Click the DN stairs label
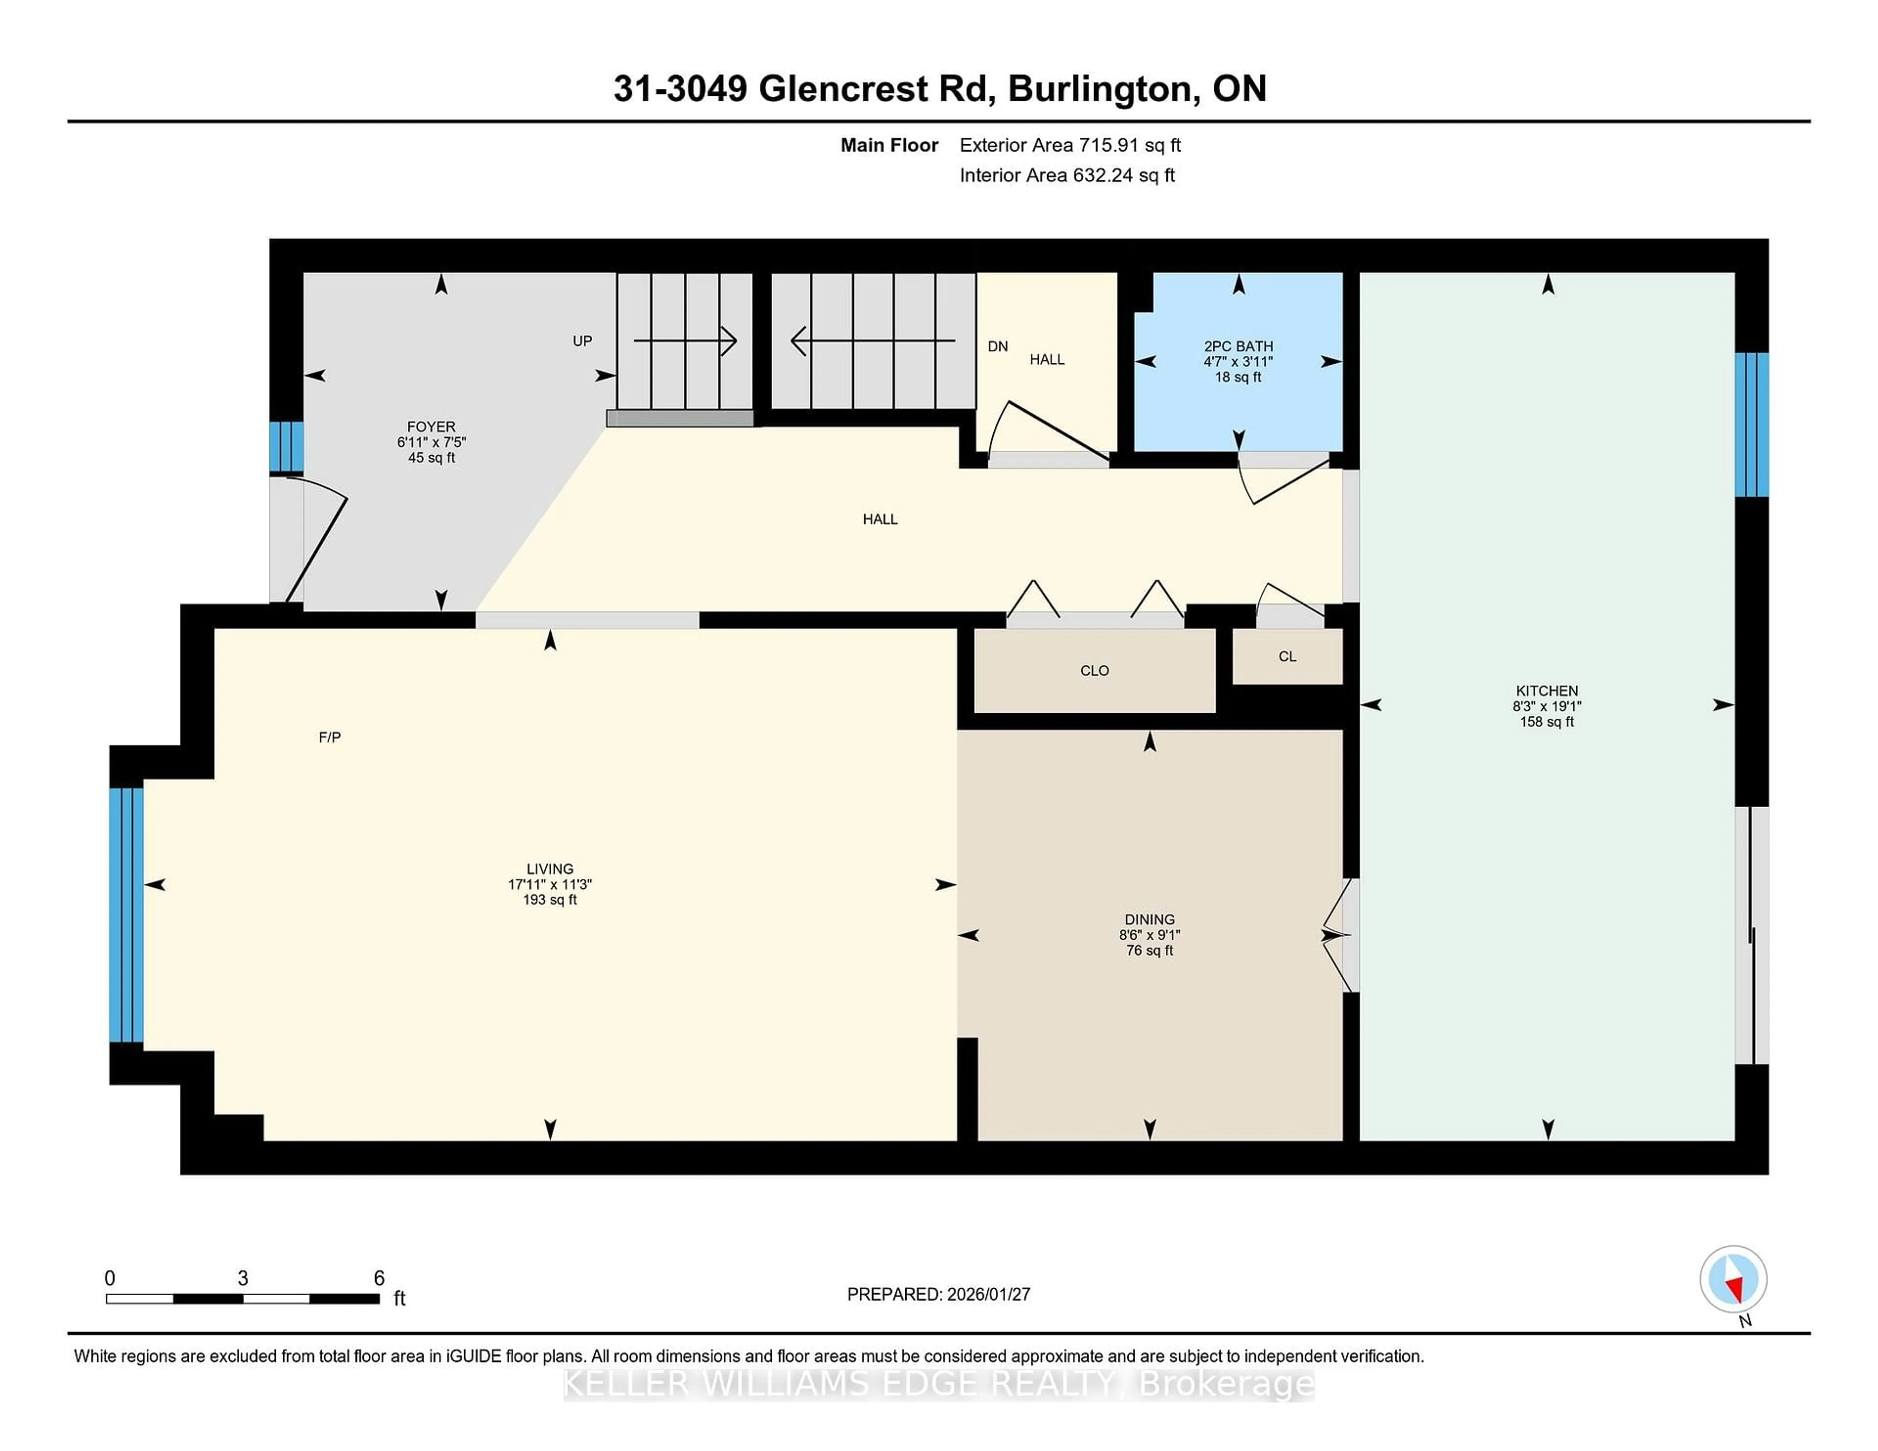tap(998, 347)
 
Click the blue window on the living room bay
tap(126, 915)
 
